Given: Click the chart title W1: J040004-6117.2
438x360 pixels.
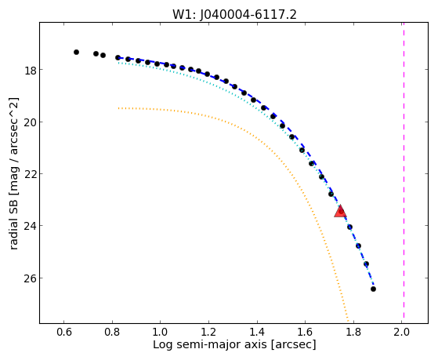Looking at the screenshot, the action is coord(234,14).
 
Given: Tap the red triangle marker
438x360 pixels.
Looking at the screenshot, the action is coord(340,212).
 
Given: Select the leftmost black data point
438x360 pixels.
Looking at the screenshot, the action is coord(76,52).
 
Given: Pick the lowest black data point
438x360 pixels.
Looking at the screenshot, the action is coord(373,289).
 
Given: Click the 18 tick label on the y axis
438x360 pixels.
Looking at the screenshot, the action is coord(31,70).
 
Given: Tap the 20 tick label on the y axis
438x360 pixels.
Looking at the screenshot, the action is coord(31,122).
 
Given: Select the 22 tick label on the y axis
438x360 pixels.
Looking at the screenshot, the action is coord(31,174).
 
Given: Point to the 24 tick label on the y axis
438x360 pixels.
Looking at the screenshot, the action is coord(31,226).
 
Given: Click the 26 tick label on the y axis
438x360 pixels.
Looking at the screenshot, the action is coord(31,278).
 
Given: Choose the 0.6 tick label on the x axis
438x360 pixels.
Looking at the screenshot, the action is coord(63,332).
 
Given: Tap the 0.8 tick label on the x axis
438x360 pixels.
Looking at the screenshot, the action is coord(112,332).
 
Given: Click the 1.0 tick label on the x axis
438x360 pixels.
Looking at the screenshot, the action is coord(160,332).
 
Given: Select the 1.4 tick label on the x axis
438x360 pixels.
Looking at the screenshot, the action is coord(257,332).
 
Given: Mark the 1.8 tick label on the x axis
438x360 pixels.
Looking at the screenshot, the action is coord(353,332).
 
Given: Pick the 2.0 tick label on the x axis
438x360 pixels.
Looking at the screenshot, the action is coord(402,332).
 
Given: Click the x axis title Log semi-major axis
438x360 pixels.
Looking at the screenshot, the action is coord(209,344).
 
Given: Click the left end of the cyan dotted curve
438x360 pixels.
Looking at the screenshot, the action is coord(118,63).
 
